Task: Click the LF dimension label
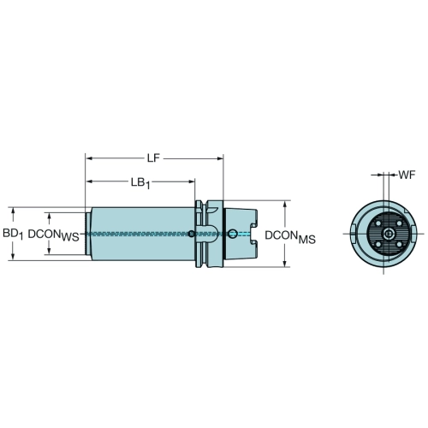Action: [x=153, y=158]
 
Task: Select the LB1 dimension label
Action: [x=140, y=183]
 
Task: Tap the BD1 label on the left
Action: [x=13, y=234]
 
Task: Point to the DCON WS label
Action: [x=53, y=235]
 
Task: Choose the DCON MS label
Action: [x=290, y=237]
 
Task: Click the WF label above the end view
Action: [x=407, y=175]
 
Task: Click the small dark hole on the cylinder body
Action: [x=192, y=234]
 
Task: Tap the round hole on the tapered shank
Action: [x=233, y=234]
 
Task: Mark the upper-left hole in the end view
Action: [x=377, y=223]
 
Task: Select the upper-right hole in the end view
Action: [x=399, y=223]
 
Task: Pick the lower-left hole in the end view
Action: [x=377, y=244]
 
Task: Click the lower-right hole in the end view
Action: [x=399, y=244]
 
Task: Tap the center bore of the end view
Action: [x=389, y=234]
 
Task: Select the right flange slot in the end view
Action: [x=413, y=230]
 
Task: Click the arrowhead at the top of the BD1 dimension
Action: [x=13, y=211]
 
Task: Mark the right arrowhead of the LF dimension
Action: [x=220, y=158]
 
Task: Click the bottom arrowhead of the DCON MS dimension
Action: [x=285, y=264]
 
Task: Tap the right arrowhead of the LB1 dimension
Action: [x=192, y=181]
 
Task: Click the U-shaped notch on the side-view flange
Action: [x=211, y=233]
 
